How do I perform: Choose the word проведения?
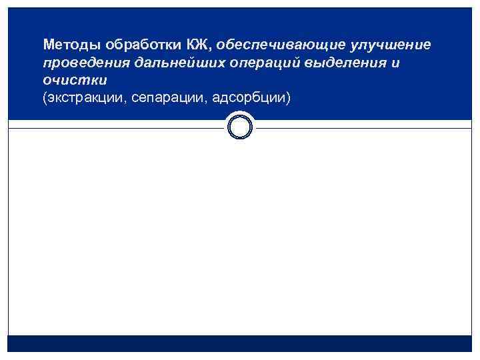click(84, 63)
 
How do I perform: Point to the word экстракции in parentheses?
click(86, 98)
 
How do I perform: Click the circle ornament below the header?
click(240, 126)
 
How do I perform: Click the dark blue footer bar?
click(240, 343)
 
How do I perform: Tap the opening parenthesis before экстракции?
click(45, 98)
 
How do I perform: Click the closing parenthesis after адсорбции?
click(289, 98)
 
